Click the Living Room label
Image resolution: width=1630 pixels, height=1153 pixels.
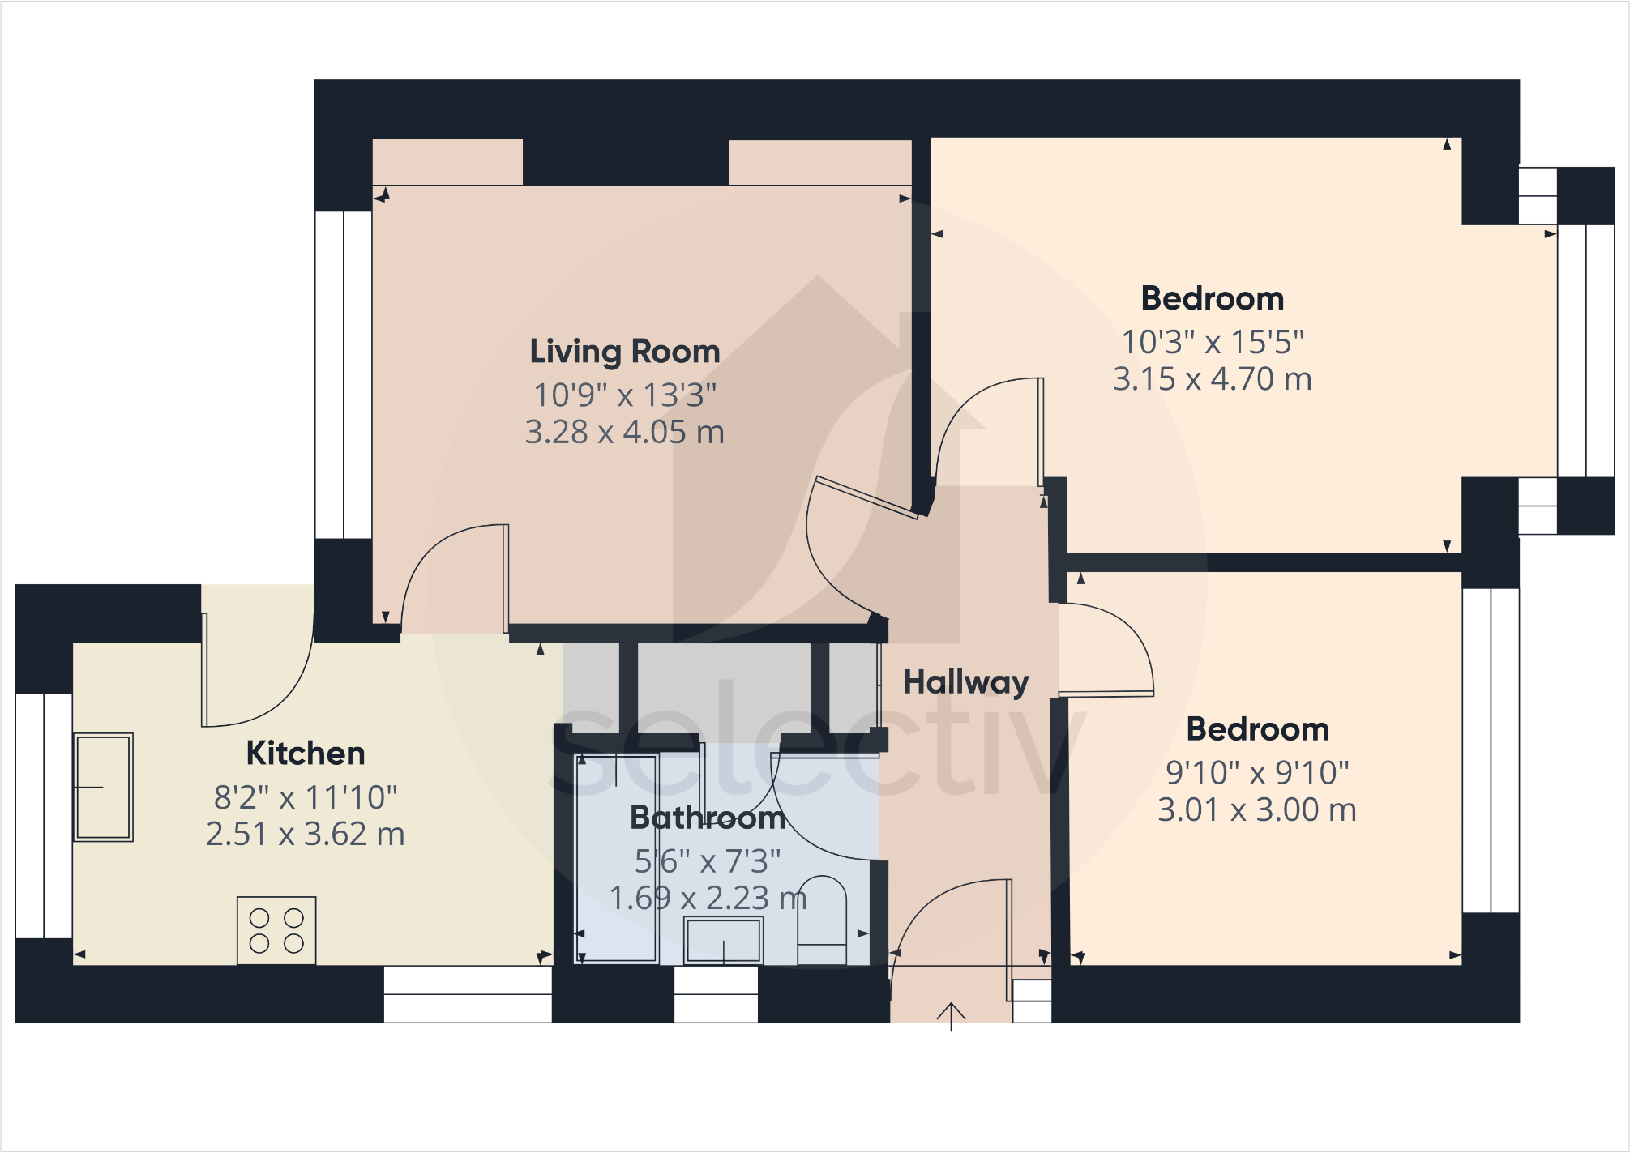[624, 352]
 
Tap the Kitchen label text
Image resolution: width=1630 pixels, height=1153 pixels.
[306, 754]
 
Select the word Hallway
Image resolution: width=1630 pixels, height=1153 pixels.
[966, 682]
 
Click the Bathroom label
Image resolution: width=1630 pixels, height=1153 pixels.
[708, 818]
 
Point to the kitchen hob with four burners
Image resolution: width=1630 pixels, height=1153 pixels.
[276, 930]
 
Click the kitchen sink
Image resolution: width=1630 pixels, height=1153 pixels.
[103, 788]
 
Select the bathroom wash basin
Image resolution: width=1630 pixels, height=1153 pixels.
[723, 941]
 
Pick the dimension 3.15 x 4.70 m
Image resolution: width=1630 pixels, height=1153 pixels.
[1212, 379]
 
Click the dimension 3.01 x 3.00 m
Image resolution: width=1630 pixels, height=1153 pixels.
[1256, 810]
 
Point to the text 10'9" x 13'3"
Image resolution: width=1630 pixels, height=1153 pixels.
[624, 395]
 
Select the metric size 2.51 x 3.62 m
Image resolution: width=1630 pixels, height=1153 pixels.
[306, 835]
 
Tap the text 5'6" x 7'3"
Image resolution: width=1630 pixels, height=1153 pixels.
[708, 861]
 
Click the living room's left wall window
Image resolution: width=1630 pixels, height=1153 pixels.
[344, 374]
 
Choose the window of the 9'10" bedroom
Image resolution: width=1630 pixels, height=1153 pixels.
[1491, 750]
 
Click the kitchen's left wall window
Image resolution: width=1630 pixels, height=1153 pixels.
[44, 815]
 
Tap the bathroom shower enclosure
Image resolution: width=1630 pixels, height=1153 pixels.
[616, 859]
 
